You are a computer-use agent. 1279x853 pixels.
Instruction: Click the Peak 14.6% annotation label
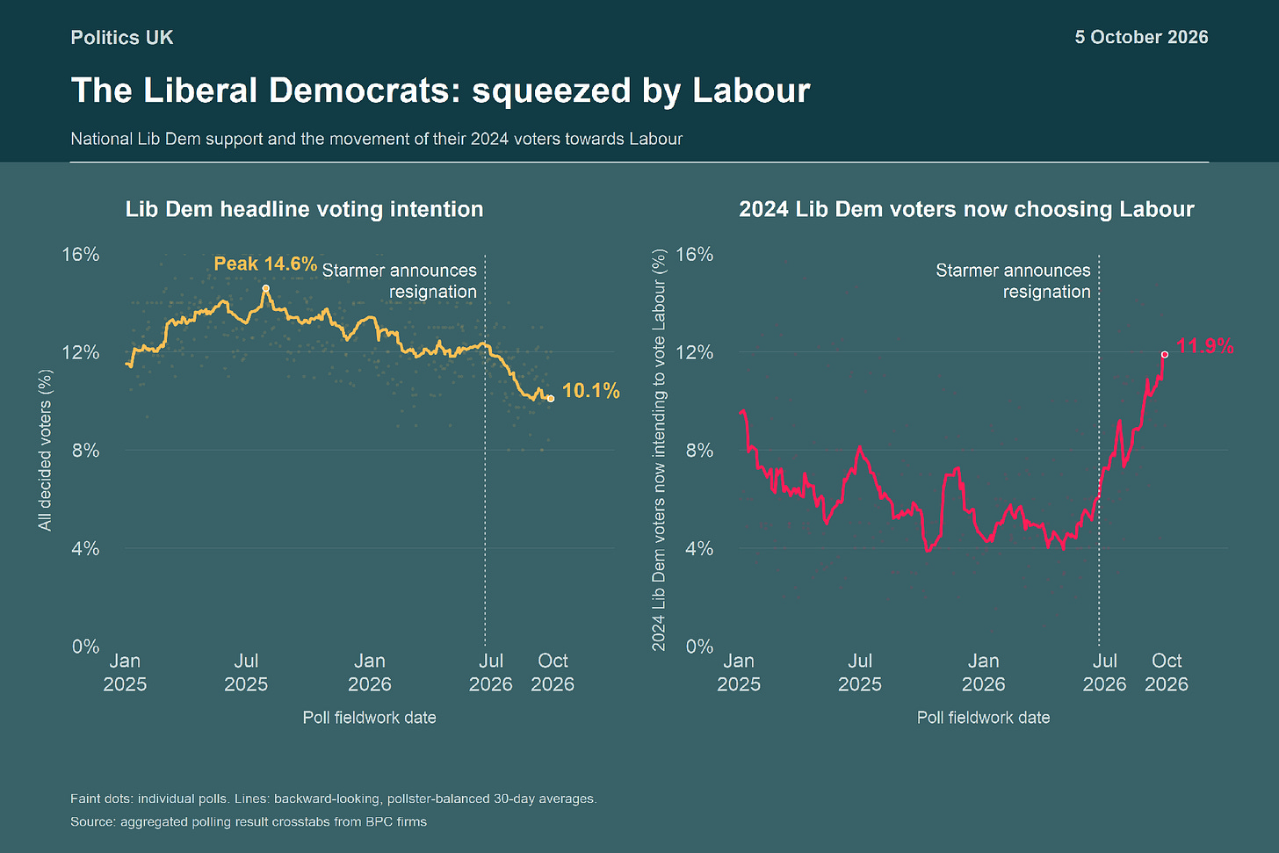[265, 264]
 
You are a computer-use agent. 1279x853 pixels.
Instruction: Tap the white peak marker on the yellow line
[265, 288]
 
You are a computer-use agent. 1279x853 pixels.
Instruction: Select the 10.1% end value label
[591, 391]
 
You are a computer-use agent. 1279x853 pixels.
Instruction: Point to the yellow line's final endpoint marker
[551, 399]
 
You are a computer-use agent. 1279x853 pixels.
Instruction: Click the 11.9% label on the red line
[1205, 346]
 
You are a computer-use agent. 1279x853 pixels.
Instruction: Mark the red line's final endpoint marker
[1165, 355]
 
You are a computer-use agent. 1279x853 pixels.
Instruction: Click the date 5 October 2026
[1141, 37]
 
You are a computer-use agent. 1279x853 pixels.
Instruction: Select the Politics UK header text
[121, 38]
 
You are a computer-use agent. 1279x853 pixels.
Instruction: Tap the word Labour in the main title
[751, 90]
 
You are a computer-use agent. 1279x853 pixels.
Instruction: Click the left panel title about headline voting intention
[304, 209]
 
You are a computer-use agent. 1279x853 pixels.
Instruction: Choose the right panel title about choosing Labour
[966, 209]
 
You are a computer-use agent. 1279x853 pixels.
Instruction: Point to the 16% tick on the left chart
[81, 254]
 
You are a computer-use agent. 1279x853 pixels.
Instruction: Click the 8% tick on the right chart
[699, 451]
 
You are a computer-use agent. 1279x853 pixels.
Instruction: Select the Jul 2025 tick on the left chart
[246, 673]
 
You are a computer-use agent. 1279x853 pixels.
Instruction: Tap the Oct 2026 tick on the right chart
[1166, 673]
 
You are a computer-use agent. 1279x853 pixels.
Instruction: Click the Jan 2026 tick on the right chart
[983, 673]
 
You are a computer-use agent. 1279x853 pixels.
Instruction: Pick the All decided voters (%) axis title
[45, 451]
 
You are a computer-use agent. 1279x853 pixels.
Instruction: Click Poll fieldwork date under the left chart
[370, 718]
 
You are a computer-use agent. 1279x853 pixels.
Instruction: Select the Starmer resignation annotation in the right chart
[1013, 281]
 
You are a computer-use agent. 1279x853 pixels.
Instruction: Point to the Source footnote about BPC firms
[249, 821]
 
